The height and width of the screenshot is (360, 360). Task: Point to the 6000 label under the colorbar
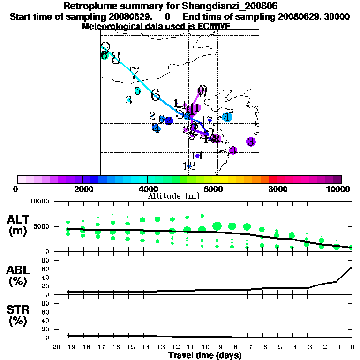(212, 189)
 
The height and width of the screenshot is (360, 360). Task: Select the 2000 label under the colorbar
(82, 189)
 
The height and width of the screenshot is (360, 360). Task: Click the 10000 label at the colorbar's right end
(339, 189)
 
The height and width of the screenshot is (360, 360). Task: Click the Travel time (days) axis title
(205, 355)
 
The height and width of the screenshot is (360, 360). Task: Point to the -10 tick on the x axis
(202, 347)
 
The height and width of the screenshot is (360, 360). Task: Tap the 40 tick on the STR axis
(46, 321)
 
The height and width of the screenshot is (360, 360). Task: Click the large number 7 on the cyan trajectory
(135, 74)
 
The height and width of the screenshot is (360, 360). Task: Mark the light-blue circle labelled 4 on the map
(227, 117)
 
